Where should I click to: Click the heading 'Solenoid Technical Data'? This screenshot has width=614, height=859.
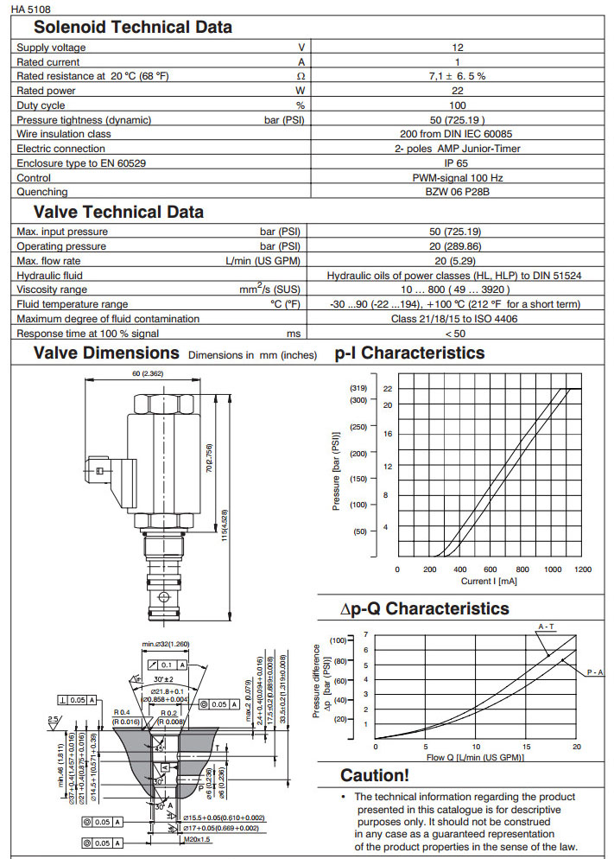click(x=133, y=27)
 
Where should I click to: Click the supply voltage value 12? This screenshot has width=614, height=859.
click(x=458, y=48)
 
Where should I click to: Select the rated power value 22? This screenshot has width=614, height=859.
click(x=458, y=91)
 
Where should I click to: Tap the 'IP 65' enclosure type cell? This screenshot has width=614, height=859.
click(x=458, y=162)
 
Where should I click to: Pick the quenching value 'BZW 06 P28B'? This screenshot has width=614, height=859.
click(x=458, y=192)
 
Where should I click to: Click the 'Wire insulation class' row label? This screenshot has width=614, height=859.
click(x=65, y=134)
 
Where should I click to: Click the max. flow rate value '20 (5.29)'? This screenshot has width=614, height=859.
click(x=458, y=261)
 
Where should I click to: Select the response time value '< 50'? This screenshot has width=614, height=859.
click(x=458, y=333)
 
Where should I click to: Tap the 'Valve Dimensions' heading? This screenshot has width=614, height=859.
click(x=106, y=353)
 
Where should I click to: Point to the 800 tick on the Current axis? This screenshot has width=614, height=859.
click(x=522, y=569)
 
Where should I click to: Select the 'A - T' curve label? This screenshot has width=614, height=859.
click(x=546, y=626)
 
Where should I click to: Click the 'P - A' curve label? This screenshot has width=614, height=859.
click(x=595, y=671)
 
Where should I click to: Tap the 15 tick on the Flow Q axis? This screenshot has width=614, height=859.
click(x=526, y=747)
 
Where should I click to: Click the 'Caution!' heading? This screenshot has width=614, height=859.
click(x=375, y=775)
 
